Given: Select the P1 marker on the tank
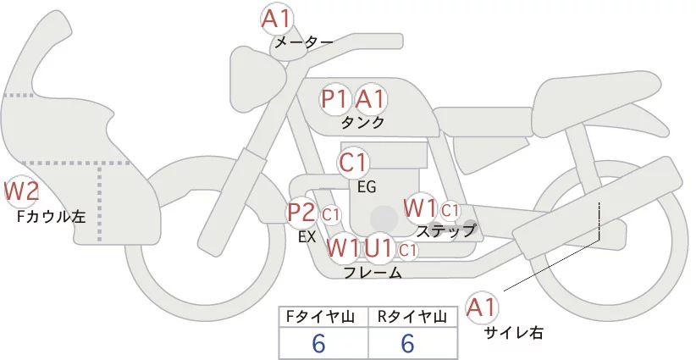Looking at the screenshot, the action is [x=334, y=99].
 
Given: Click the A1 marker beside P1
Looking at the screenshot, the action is [x=370, y=99].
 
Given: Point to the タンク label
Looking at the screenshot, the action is [x=362, y=122].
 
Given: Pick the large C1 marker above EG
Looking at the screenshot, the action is [x=353, y=162].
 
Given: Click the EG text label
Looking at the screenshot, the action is [x=367, y=186].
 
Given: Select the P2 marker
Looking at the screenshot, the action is [x=301, y=213].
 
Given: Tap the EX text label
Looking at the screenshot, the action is [x=307, y=237].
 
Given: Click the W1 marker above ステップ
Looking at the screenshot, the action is [x=420, y=208].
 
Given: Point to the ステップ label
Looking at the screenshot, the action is [x=446, y=230].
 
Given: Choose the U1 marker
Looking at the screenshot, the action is [x=379, y=249].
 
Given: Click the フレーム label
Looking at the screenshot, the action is [x=373, y=273].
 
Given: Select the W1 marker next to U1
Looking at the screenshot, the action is [x=343, y=249].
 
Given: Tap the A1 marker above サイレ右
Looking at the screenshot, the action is [x=483, y=307].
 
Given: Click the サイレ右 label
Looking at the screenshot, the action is [x=514, y=333].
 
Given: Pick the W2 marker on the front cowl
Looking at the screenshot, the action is [x=21, y=192].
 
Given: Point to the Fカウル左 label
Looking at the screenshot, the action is [x=52, y=217].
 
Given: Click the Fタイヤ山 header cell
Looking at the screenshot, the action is [x=323, y=317].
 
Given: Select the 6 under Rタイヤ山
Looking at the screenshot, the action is [x=407, y=344].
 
